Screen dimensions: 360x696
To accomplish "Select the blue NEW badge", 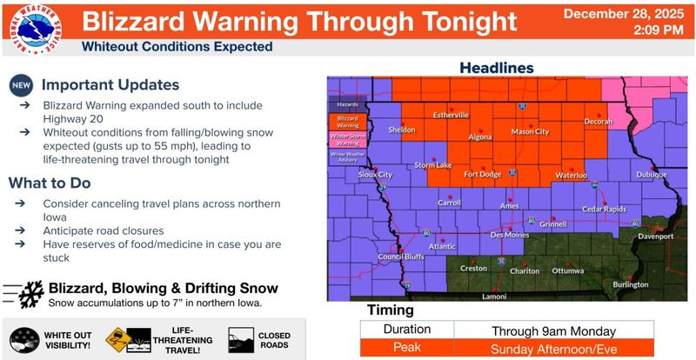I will point(22,85).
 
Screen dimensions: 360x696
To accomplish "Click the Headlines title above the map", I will point(497,67).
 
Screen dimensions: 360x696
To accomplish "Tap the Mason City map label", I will point(530,132).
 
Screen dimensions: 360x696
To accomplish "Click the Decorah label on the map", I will point(599,121).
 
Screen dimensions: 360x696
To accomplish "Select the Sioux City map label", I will point(376,174).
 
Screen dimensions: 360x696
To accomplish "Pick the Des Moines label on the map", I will point(510,235).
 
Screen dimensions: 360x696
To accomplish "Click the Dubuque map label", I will point(651,174).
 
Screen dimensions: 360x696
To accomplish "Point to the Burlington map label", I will point(631,284).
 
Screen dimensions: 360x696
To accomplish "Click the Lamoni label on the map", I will point(494,297).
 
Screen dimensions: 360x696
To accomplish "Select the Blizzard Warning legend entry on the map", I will point(346,121).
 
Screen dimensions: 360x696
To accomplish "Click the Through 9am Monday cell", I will point(553,330).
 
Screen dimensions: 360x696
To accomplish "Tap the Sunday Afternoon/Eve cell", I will point(553,348).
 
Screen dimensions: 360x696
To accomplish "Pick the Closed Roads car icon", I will point(240,338).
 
